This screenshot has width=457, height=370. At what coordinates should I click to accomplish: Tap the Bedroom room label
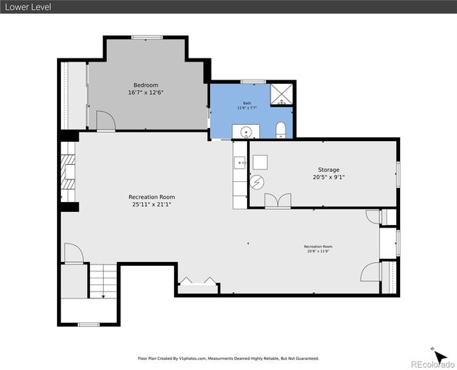(x=145, y=85)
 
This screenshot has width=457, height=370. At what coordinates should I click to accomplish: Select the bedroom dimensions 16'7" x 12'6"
(x=145, y=92)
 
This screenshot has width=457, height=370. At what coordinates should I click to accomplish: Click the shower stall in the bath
(x=282, y=96)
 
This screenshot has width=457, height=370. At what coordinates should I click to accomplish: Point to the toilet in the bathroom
(x=281, y=129)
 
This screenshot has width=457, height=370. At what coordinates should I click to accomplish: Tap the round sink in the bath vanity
(x=247, y=132)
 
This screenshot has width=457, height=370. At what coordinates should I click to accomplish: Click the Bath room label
(x=247, y=103)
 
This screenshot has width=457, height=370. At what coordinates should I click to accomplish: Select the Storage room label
(x=329, y=170)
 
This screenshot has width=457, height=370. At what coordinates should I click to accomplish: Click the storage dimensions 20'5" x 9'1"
(x=329, y=177)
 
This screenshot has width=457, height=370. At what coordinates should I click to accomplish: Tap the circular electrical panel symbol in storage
(x=258, y=183)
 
